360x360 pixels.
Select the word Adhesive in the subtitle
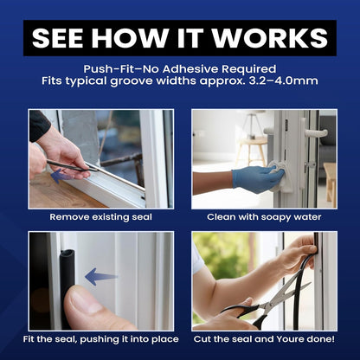(x=190, y=69)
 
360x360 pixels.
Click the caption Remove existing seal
(x=100, y=216)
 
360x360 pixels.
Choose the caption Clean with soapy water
(x=264, y=217)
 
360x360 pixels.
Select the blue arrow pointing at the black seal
(x=101, y=277)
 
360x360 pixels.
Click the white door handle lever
(x=316, y=133)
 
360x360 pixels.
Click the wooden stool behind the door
(x=252, y=150)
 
